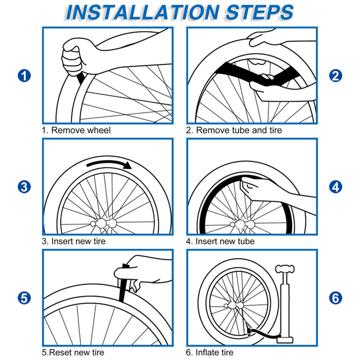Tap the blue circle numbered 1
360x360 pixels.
(x=24, y=76)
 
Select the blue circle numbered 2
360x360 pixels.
(x=336, y=76)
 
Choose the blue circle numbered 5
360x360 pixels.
(x=24, y=297)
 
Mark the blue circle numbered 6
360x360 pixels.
(x=336, y=297)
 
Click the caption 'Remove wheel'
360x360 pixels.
(x=76, y=130)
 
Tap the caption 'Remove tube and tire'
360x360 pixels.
(x=234, y=130)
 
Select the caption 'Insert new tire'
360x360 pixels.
(x=74, y=242)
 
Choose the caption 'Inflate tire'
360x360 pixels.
(x=210, y=353)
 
